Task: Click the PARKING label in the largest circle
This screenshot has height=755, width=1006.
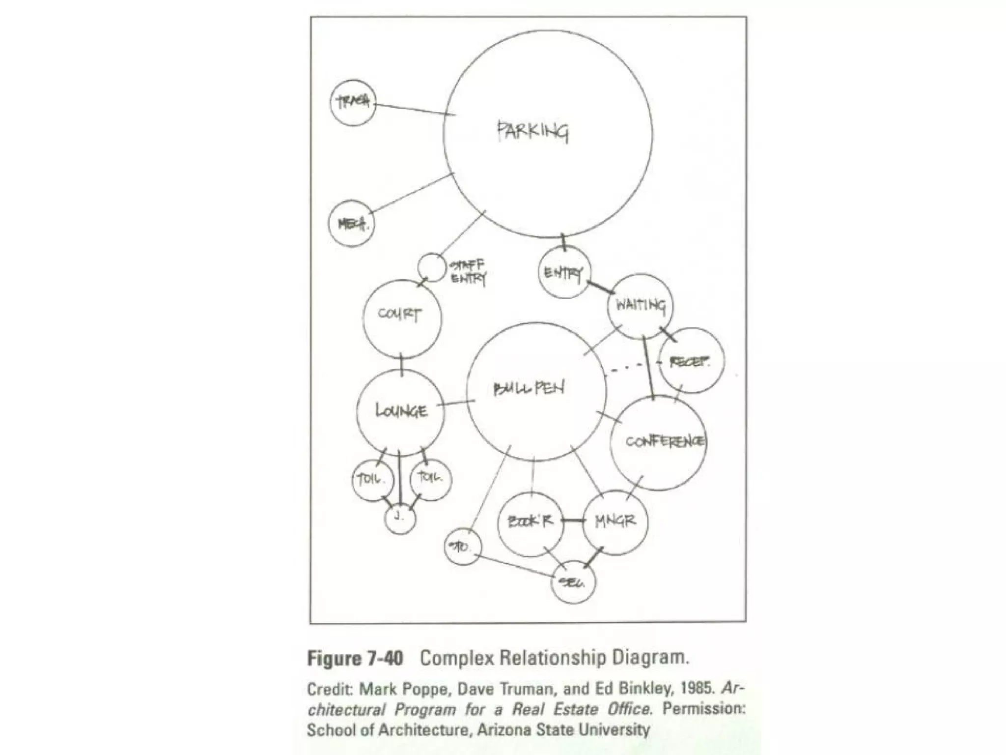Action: pyautogui.click(x=533, y=132)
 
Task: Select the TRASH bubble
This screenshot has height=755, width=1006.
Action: pyautogui.click(x=353, y=102)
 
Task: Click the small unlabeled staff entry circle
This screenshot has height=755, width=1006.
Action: pyautogui.click(x=431, y=267)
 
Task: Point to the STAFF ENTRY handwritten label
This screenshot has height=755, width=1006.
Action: pyautogui.click(x=468, y=272)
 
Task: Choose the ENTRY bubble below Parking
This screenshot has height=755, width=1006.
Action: pyautogui.click(x=564, y=273)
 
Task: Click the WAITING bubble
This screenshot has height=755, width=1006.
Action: pyautogui.click(x=641, y=306)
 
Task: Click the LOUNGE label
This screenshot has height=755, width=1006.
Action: pyautogui.click(x=401, y=410)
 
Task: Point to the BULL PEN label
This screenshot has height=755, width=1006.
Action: pyautogui.click(x=529, y=389)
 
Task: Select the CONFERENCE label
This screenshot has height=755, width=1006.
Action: pyautogui.click(x=664, y=441)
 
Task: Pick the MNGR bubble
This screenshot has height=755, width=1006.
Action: pyautogui.click(x=616, y=522)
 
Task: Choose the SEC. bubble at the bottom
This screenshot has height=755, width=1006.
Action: pyautogui.click(x=573, y=582)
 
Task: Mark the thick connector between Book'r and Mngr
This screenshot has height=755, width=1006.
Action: pyautogui.click(x=573, y=521)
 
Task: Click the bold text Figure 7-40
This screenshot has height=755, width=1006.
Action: pyautogui.click(x=355, y=658)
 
